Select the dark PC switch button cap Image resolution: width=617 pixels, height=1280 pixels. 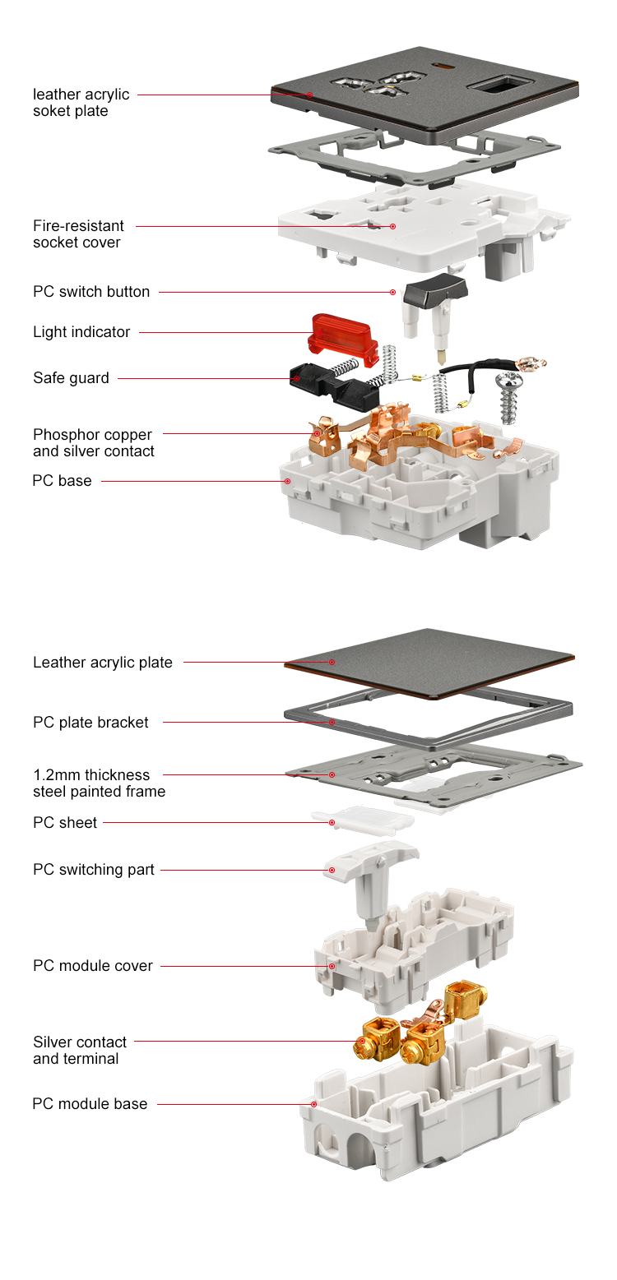(436, 293)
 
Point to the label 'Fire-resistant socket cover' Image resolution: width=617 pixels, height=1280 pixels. (78, 234)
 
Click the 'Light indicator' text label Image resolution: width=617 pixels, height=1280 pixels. (81, 332)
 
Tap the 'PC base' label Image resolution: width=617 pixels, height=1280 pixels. (62, 481)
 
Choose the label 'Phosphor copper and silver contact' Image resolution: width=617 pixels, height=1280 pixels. (93, 443)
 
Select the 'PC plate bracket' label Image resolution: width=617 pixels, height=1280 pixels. (90, 723)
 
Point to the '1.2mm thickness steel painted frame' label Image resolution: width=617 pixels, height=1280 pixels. (99, 783)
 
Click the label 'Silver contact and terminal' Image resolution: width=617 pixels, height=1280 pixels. (80, 1051)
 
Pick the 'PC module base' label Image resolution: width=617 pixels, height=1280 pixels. (90, 1104)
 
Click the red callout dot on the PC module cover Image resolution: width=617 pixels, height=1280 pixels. (332, 966)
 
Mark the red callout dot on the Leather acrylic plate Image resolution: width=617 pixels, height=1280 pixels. (332, 662)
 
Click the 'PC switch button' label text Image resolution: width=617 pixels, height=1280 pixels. (91, 292)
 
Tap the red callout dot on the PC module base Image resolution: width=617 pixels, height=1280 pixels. (314, 1104)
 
